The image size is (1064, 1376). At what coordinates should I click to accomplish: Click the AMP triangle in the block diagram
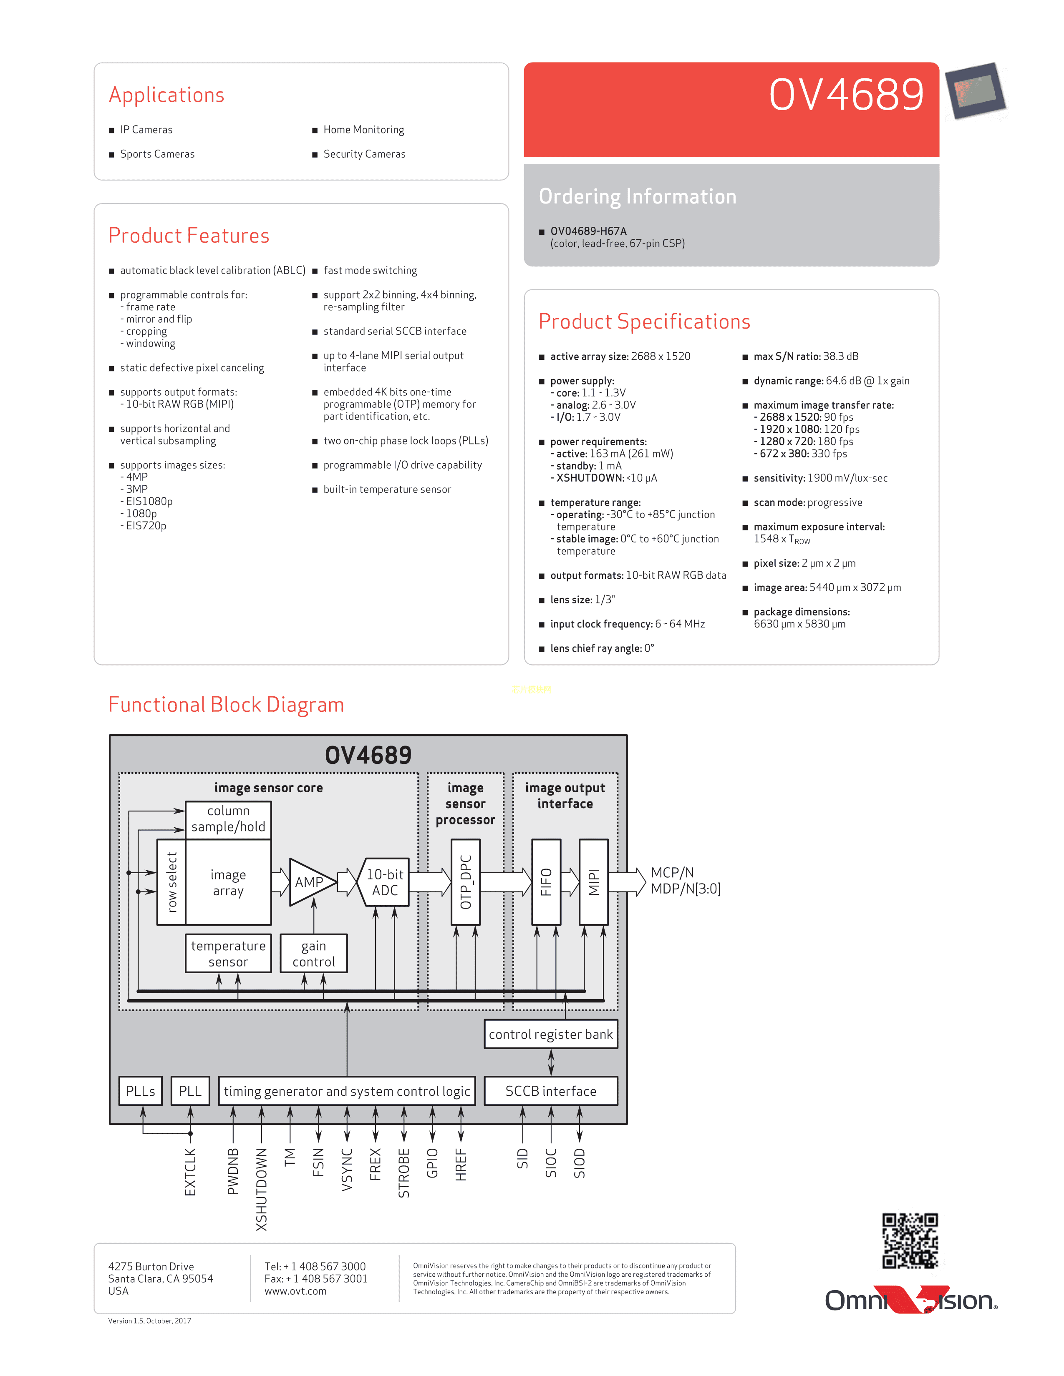pos(307,882)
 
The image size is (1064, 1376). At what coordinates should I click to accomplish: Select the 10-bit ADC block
pos(385,882)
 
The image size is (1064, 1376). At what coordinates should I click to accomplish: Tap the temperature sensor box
pos(228,953)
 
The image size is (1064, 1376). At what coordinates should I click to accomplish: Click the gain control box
pos(313,953)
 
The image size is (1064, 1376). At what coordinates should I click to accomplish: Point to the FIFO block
pos(546,882)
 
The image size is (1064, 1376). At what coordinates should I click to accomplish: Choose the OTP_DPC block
pos(466,882)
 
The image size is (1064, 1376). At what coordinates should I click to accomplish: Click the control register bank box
pos(550,1034)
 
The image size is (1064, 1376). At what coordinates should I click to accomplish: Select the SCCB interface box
pos(550,1091)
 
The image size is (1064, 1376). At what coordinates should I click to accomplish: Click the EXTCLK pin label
pos(190,1171)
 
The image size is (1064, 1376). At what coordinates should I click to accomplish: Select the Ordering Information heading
pos(637,196)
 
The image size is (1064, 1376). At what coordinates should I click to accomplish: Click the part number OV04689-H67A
pos(588,231)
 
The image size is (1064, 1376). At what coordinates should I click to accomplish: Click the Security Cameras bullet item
pos(364,154)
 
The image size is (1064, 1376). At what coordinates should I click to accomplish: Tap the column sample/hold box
pos(228,819)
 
